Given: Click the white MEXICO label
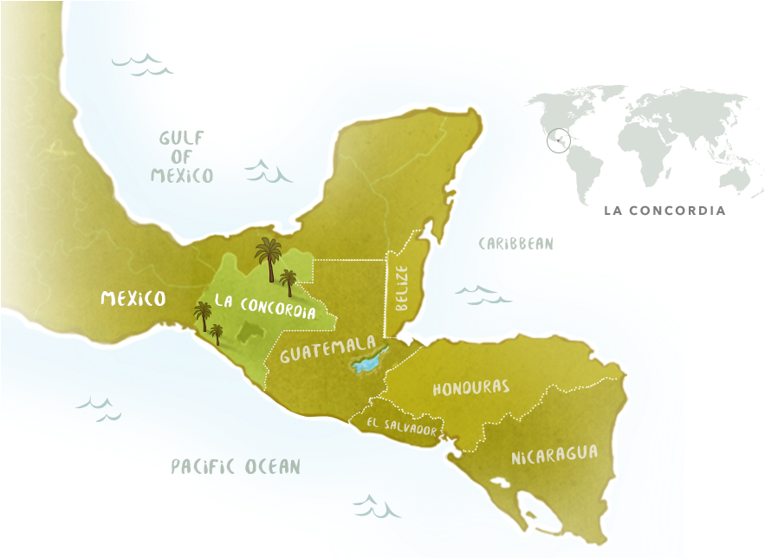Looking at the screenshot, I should click(133, 299).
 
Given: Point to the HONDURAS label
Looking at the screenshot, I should click(470, 387).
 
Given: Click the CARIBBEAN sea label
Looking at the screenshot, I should click(515, 243).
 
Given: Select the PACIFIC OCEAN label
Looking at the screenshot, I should click(235, 467).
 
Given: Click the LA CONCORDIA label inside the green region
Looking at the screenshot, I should click(264, 306).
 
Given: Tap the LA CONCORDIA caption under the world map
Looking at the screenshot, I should click(665, 211).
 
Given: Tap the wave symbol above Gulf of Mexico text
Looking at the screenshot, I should click(143, 63).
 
